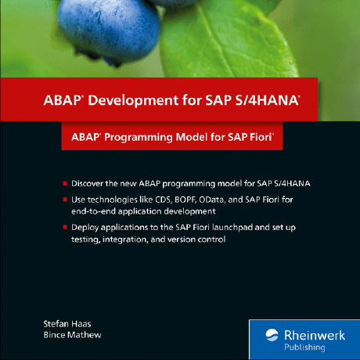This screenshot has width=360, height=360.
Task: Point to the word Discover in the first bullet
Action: [88, 183]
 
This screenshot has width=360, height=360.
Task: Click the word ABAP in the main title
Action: [61, 100]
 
